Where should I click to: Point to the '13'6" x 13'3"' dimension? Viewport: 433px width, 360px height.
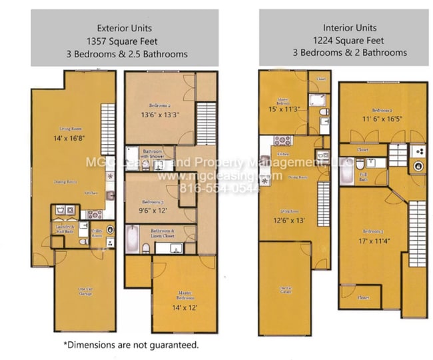coord(159,115)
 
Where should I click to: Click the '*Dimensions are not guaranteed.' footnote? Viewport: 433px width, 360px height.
coord(131,345)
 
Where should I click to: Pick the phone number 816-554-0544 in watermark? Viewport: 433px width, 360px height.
coord(213,187)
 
